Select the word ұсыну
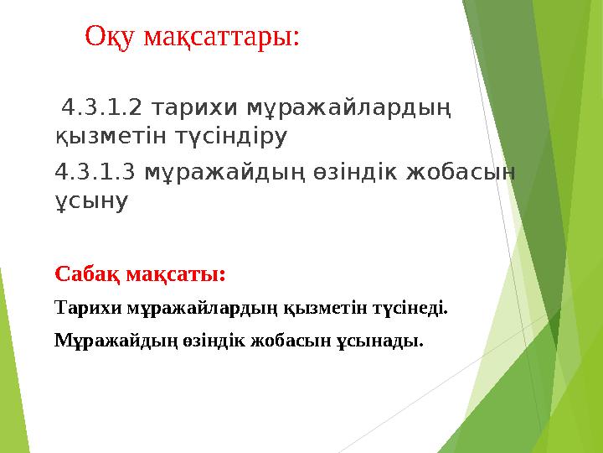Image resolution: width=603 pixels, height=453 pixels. click(90, 201)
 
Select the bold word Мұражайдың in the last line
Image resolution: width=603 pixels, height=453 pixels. click(105, 341)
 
